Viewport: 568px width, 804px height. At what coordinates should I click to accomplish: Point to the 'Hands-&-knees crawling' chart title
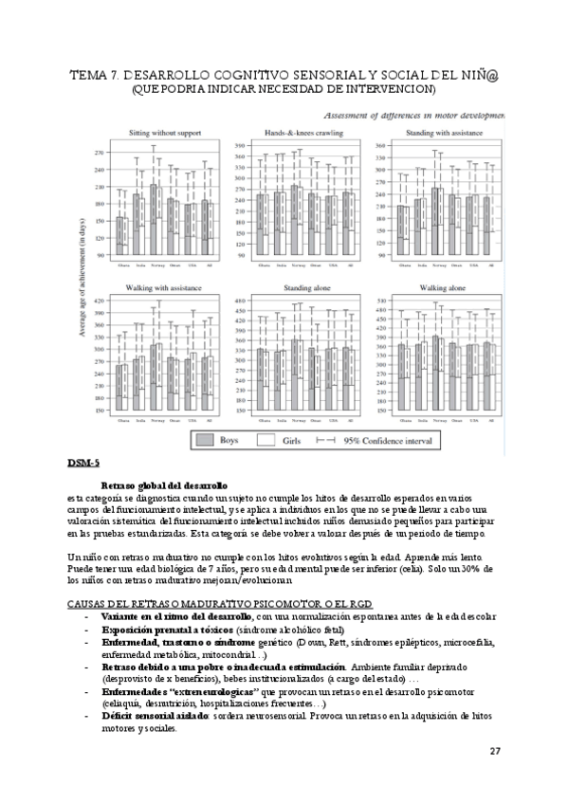303,134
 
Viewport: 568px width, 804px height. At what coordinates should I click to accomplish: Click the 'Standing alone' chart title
304,286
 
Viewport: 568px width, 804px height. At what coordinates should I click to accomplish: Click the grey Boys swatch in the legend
204,440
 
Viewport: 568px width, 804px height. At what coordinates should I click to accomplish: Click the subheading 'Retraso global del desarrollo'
163,484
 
